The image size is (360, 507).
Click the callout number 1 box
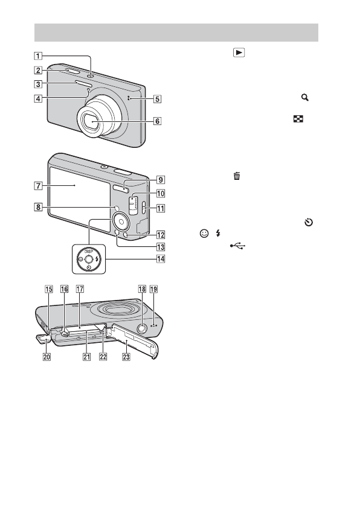pos(38,56)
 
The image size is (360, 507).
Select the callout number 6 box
pos(157,121)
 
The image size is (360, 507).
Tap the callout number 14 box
pos(161,259)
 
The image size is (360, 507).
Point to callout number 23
pos(126,357)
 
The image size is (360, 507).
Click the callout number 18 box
pos(142,289)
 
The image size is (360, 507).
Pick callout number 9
pos(161,179)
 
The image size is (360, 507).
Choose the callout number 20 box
pos(47,357)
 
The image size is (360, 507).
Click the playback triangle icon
pos(239,53)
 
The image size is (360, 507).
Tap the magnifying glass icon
pos(304,97)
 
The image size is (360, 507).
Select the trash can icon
pos(237,176)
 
